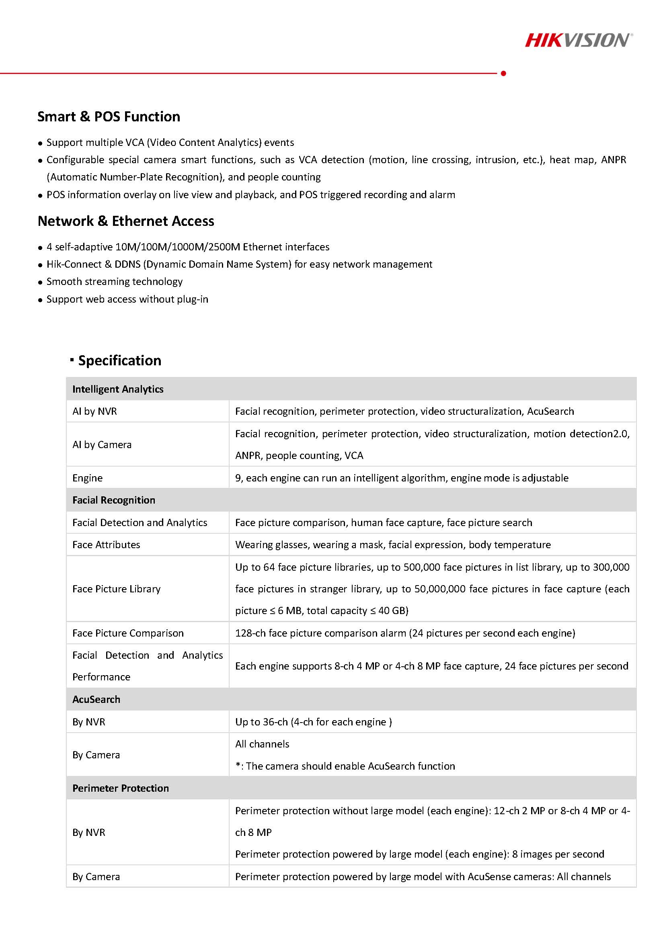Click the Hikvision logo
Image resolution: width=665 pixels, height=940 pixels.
578,41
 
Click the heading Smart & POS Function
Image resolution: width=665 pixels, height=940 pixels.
109,117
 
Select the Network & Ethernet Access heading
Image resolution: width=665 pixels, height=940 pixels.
126,221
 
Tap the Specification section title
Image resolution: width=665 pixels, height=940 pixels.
119,360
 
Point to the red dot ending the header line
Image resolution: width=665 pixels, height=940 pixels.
503,73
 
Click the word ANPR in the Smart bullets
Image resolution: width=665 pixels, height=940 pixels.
614,160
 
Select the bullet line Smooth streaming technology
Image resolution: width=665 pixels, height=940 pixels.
114,282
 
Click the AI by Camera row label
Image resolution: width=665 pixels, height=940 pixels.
102,444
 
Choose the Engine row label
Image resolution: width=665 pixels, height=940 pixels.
88,478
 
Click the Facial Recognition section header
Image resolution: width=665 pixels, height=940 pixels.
114,500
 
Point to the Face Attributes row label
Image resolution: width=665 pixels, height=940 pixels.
106,545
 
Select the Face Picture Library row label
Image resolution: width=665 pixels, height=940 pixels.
116,589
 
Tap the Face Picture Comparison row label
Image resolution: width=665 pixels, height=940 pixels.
128,633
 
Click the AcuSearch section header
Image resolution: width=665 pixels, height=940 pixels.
96,699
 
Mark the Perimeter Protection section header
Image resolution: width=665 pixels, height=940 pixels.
120,788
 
